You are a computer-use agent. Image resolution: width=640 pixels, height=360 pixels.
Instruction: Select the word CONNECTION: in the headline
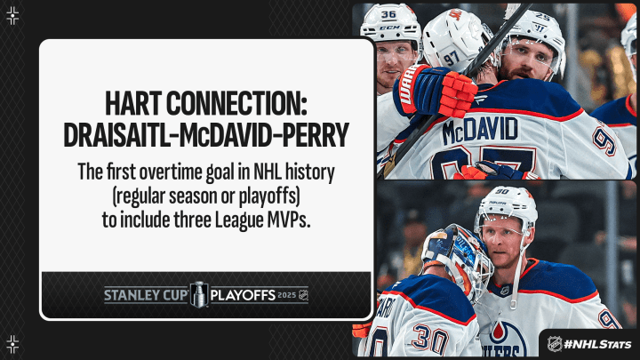point(236,103)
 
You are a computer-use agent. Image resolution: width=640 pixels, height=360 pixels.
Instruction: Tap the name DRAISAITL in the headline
point(116,134)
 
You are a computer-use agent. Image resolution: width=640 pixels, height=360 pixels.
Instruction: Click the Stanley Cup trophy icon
point(199,294)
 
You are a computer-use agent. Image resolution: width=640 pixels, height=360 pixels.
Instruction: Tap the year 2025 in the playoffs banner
point(286,295)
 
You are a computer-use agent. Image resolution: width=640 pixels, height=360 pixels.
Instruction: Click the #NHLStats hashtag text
point(597,345)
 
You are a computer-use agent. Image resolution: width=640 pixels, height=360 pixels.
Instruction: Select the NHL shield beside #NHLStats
point(555,344)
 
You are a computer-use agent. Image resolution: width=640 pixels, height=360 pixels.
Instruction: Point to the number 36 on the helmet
point(388,14)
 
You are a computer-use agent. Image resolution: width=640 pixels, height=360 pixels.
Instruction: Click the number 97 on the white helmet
point(452,59)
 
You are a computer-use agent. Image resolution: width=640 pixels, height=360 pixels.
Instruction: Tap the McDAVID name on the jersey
point(480,130)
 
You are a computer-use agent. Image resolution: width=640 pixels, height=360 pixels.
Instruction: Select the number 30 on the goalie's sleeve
point(430,339)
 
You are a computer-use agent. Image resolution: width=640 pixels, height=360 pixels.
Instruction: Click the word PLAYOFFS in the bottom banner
point(243,295)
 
